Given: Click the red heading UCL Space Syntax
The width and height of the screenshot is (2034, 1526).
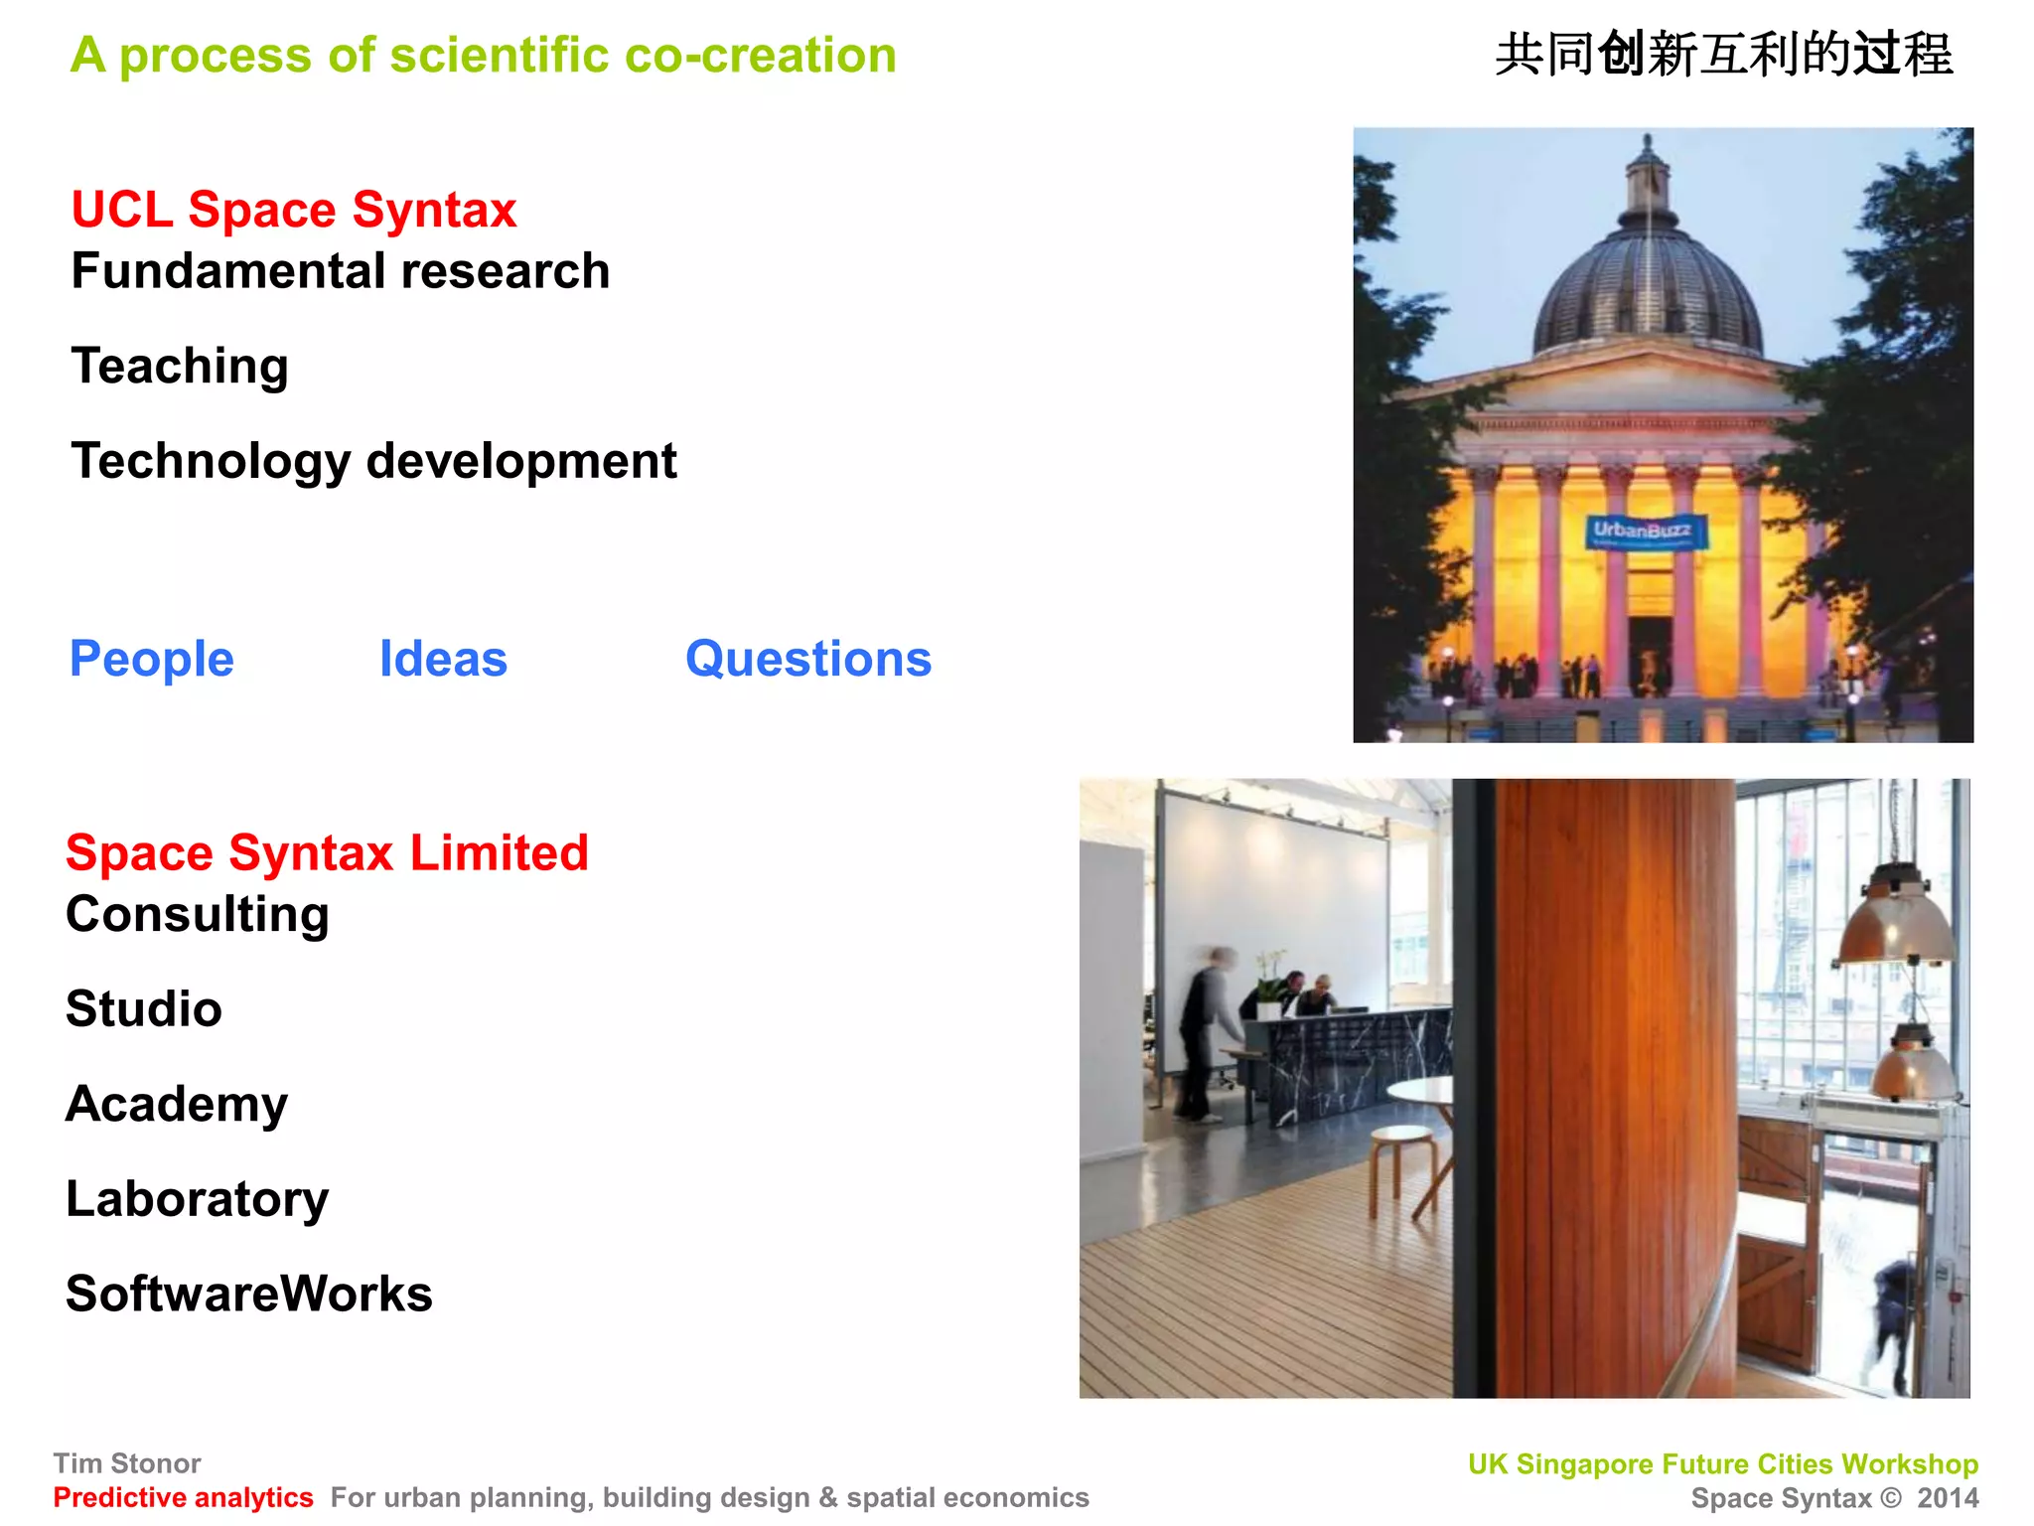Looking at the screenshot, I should (294, 210).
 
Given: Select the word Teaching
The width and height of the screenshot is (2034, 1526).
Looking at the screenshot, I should (180, 366).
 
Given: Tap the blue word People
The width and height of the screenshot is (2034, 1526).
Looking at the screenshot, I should (152, 659).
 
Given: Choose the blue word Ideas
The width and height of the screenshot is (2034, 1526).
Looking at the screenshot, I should (443, 659).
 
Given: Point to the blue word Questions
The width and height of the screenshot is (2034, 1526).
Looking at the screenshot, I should (808, 659).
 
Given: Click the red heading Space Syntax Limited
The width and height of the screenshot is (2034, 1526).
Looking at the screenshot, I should (327, 852).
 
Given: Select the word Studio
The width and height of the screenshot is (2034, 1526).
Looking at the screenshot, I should (144, 1008).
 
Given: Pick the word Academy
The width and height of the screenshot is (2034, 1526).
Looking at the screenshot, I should (177, 1104).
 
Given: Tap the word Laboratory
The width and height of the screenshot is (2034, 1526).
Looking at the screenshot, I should (197, 1199).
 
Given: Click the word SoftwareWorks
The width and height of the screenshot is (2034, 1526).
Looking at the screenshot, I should (249, 1294).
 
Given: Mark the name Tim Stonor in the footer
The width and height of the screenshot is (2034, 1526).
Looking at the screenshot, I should (127, 1463).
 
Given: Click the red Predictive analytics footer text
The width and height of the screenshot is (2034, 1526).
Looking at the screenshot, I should (183, 1497).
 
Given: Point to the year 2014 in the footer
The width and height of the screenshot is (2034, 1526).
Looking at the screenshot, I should (1948, 1497).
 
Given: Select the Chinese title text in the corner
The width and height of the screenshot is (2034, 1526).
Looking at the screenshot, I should (1723, 55).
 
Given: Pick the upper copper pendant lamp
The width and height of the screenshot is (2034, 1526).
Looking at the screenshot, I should (1894, 919).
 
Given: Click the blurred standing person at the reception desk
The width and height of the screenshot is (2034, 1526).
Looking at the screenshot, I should (1204, 1033).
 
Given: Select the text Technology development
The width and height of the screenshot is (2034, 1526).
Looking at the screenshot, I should (373, 461).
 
